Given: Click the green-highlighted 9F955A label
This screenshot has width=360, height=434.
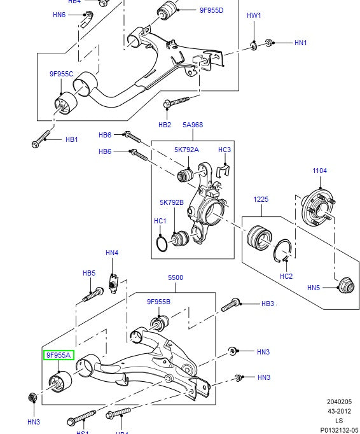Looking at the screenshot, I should [x=59, y=355].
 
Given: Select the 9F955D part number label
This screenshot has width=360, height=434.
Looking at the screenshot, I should [x=211, y=10].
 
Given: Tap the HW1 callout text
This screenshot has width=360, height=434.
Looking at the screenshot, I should [x=254, y=15].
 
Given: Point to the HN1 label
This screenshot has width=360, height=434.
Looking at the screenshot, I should [x=300, y=43].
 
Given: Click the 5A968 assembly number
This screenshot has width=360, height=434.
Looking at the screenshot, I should [x=193, y=125].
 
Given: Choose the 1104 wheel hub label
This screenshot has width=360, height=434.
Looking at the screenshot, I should [x=319, y=171].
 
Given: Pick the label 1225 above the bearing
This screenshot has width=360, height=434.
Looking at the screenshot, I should [x=261, y=199].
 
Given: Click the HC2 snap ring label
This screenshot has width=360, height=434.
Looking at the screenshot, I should [x=286, y=276].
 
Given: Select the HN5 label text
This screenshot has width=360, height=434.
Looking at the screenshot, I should [x=314, y=288].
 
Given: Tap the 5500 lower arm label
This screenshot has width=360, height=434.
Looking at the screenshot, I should [x=176, y=278].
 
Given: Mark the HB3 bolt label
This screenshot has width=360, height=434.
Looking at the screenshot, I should [x=268, y=304].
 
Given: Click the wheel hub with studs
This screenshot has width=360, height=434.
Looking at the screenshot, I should [x=317, y=206].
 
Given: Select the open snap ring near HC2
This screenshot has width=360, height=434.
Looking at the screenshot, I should [x=284, y=250].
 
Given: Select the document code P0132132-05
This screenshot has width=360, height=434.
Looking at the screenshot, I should [x=338, y=430].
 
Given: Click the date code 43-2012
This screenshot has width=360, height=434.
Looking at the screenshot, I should [x=339, y=411].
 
